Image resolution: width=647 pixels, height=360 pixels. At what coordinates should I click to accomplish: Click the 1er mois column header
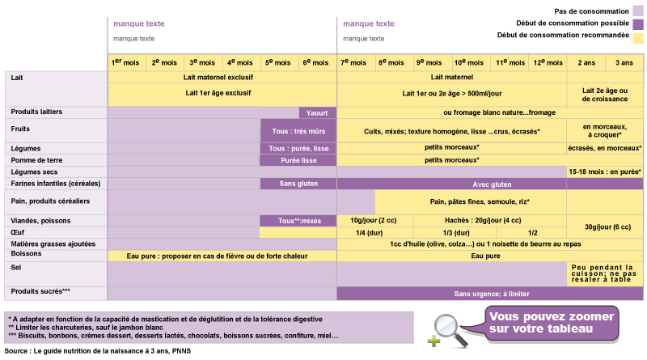(127, 62)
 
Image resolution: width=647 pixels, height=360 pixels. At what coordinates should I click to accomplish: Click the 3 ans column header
(624, 62)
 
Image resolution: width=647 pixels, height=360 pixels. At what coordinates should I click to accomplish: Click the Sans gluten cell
(298, 184)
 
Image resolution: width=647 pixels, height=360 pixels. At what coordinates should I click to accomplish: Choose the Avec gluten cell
(492, 184)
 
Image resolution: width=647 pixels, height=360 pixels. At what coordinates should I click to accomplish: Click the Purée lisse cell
(298, 160)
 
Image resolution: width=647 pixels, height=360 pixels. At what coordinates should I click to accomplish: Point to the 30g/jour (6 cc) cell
(605, 227)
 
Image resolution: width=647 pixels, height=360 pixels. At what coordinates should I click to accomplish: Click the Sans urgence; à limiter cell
(492, 294)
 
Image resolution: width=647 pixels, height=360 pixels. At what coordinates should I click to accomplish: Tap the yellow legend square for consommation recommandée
(638, 36)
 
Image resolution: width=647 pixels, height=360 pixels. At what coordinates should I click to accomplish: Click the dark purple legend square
(638, 23)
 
